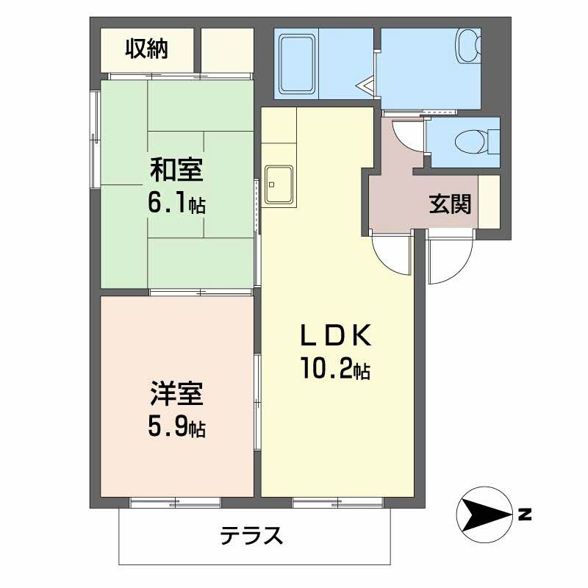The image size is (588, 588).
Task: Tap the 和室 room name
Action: pos(177,170)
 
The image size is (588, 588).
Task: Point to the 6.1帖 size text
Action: pos(176,203)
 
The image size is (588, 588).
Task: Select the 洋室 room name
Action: pos(176,395)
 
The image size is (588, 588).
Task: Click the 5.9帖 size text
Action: pos(176,426)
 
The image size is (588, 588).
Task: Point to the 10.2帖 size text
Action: pos(334,368)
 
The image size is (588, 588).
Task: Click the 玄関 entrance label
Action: pos(449,205)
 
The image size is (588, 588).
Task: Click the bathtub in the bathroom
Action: pos(297,64)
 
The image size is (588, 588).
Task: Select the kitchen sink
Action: pos(279,184)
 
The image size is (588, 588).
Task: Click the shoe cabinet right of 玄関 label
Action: pos(490,202)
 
